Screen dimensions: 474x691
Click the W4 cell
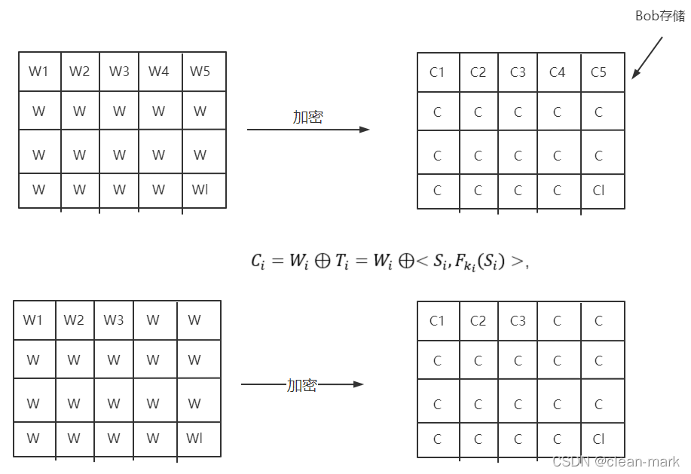click(158, 72)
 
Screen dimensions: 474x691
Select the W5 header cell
click(200, 72)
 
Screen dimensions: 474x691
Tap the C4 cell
click(557, 72)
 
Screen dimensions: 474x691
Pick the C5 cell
click(598, 72)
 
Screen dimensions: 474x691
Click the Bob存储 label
click(661, 15)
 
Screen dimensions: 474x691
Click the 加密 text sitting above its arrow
click(307, 117)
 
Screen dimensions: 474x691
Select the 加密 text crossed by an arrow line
click(301, 384)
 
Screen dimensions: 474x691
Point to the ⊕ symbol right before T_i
click(322, 261)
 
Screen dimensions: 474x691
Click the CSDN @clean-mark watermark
click(616, 461)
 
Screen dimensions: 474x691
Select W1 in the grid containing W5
click(38, 72)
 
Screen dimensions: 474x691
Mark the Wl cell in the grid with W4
click(200, 190)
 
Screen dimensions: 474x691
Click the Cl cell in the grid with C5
click(598, 191)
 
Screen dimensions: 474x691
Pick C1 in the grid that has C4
click(437, 72)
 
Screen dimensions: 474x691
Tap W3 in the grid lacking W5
click(114, 320)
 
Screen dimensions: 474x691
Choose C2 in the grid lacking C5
click(478, 321)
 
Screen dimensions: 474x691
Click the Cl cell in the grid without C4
click(598, 439)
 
